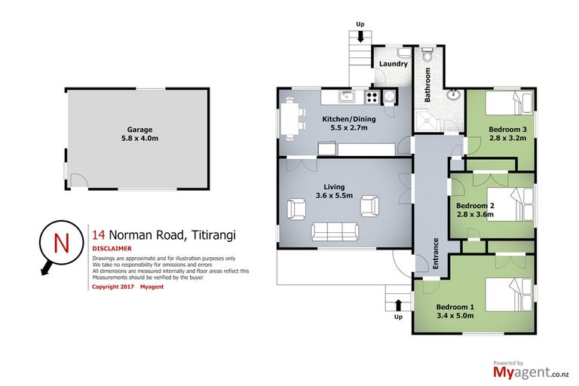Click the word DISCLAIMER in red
click(x=112, y=248)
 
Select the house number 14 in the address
click(x=97, y=233)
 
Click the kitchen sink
click(x=346, y=96)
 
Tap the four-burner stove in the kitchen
click(x=372, y=96)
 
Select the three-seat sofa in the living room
click(x=333, y=230)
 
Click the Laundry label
click(x=392, y=65)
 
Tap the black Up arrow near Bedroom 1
click(x=398, y=303)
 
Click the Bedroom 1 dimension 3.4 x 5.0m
click(x=455, y=316)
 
